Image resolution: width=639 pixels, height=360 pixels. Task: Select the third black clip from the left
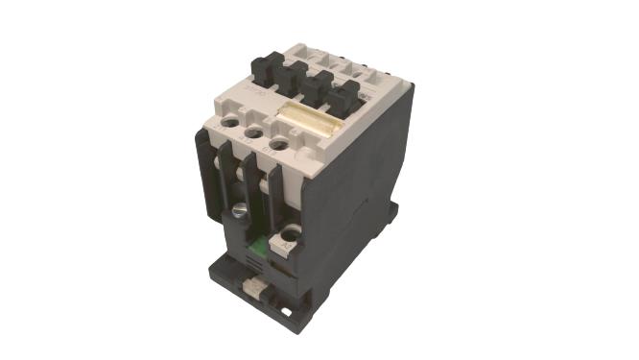click(x=323, y=84)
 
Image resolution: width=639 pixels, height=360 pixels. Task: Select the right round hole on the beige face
click(x=277, y=145)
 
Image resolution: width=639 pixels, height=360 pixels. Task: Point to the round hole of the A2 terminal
click(x=290, y=232)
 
